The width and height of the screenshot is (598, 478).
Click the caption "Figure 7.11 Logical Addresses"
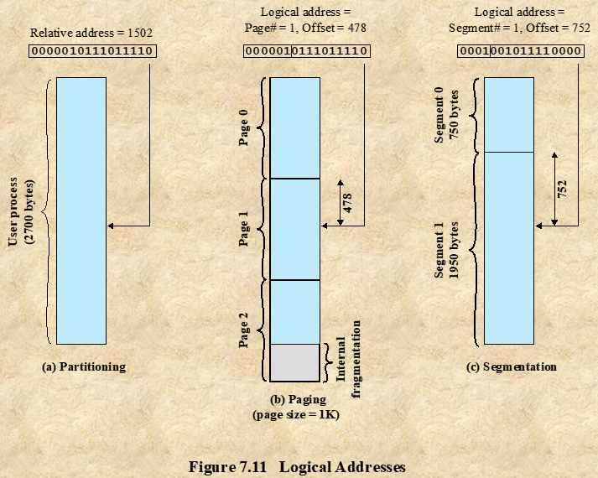(x=299, y=466)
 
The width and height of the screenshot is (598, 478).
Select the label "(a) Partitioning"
(x=83, y=366)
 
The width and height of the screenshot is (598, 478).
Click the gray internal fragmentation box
(x=295, y=362)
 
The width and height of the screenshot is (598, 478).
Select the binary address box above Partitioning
(x=91, y=50)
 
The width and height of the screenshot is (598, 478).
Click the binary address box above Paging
(x=306, y=50)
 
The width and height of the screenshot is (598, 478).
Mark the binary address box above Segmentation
(x=520, y=50)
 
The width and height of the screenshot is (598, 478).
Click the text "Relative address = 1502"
(x=91, y=34)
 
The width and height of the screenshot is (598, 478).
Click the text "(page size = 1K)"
(x=295, y=414)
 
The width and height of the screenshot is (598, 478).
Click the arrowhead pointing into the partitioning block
(x=112, y=226)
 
